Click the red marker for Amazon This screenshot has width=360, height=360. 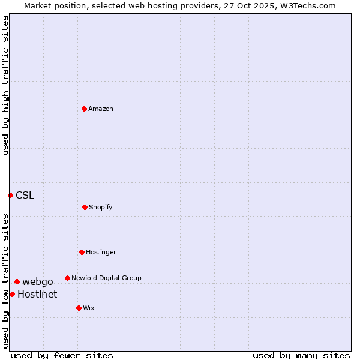pyautogui.click(x=84, y=109)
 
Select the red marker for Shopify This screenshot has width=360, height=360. pyautogui.click(x=85, y=207)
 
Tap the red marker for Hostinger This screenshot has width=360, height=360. pyautogui.click(x=82, y=252)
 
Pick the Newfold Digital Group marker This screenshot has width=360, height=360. pyautogui.click(x=67, y=278)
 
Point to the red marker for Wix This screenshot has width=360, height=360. pyautogui.click(x=79, y=308)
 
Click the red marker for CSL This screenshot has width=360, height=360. pyautogui.click(x=10, y=195)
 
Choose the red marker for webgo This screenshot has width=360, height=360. pyautogui.click(x=17, y=281)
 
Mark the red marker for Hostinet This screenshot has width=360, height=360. pyautogui.click(x=12, y=294)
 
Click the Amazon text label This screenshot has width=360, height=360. pyautogui.click(x=101, y=109)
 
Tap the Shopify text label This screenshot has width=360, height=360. pyautogui.click(x=101, y=207)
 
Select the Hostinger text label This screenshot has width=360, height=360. pyautogui.click(x=101, y=252)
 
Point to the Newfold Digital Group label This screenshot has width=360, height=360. pyautogui.click(x=106, y=278)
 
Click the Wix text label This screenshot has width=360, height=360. pyautogui.click(x=89, y=308)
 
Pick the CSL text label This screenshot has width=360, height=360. pyautogui.click(x=25, y=195)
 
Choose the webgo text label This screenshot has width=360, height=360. pyautogui.click(x=38, y=281)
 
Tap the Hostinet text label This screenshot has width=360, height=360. pyautogui.click(x=37, y=294)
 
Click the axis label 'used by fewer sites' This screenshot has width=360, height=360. pyautogui.click(x=62, y=355)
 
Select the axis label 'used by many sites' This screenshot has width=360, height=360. pyautogui.click(x=301, y=355)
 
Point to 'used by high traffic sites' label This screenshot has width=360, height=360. pyautogui.click(x=5, y=85)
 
